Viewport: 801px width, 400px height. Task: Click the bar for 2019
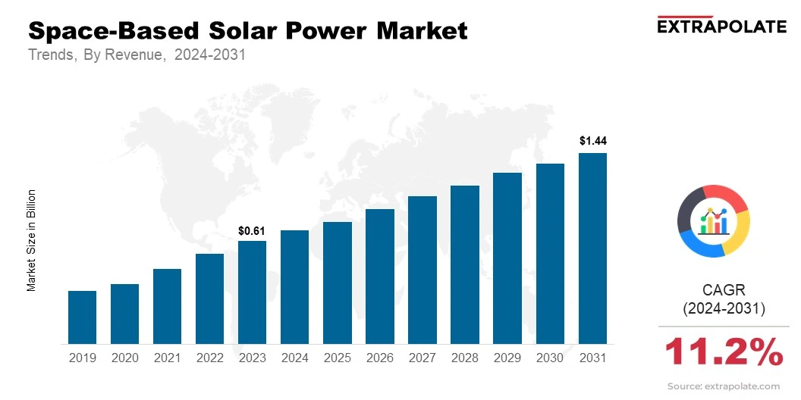(x=82, y=317)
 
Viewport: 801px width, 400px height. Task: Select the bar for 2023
(x=252, y=292)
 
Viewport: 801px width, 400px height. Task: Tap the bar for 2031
(x=592, y=248)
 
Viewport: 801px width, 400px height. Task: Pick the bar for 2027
(x=422, y=270)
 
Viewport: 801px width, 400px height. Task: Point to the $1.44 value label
(x=592, y=141)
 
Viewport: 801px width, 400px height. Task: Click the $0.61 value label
(x=252, y=230)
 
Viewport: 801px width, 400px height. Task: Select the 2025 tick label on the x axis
(x=337, y=358)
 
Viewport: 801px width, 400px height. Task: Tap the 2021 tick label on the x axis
(x=167, y=358)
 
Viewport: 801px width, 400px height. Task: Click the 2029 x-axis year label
(x=507, y=358)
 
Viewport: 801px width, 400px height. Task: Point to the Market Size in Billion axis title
(x=32, y=240)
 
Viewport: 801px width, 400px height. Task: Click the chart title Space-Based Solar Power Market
(x=247, y=31)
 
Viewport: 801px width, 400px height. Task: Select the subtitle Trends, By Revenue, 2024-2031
(x=137, y=55)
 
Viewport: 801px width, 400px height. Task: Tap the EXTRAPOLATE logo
(x=721, y=26)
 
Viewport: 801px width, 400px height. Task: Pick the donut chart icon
(x=713, y=220)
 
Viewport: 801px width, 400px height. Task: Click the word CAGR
(x=724, y=289)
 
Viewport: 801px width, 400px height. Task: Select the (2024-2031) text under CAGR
(x=724, y=309)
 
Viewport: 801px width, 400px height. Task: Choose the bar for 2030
(x=550, y=254)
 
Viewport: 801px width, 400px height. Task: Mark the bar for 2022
(x=209, y=298)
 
